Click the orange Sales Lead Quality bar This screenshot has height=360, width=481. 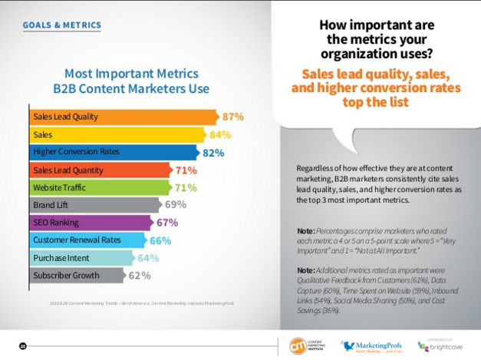point(123,117)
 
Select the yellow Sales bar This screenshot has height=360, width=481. point(123,134)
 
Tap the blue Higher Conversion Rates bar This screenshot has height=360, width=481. point(115,152)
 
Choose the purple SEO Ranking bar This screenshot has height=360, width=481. point(88,223)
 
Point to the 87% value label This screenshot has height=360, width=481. point(233,117)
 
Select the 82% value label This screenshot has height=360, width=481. point(213,153)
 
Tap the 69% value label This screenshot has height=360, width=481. point(176,205)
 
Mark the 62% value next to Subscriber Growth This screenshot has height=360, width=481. point(139,276)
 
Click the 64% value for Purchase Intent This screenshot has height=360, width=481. point(148,258)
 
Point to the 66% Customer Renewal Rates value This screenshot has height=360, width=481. point(160,240)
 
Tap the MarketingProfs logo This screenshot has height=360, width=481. point(368,345)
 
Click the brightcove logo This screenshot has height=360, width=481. point(443,345)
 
